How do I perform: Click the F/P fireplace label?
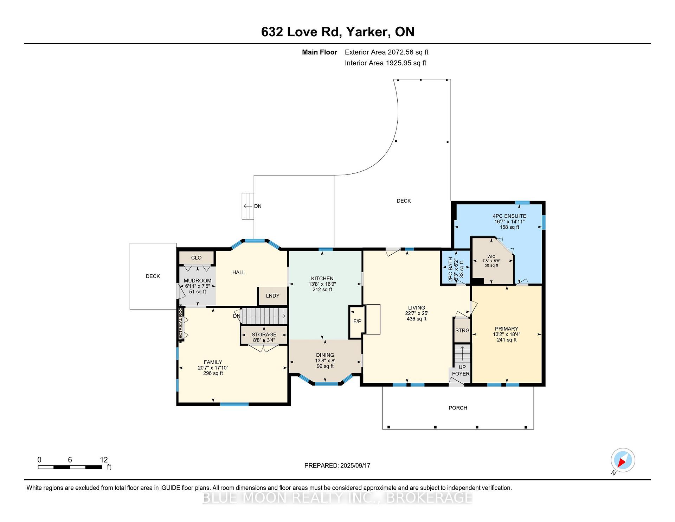357,322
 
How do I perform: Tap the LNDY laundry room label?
272,296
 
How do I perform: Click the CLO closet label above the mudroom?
196,258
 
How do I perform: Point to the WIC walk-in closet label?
491,257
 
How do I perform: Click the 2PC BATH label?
451,269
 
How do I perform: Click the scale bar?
70,467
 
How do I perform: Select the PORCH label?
458,408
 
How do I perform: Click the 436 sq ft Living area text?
417,319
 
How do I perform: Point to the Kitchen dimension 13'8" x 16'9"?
322,284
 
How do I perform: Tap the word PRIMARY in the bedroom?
507,329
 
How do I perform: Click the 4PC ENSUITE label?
509,216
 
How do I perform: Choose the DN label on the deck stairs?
258,206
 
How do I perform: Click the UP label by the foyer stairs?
462,367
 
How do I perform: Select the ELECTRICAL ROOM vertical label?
181,324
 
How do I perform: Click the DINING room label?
325,355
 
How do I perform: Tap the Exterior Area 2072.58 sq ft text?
387,52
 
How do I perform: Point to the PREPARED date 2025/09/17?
355,466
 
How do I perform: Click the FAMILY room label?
213,362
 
